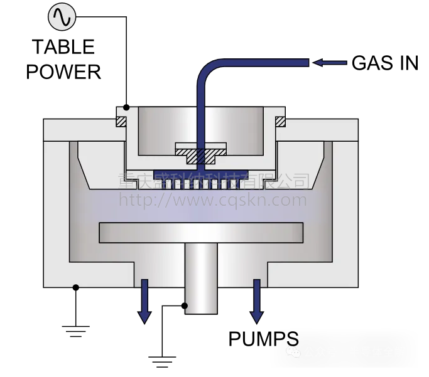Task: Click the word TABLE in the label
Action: coord(63,47)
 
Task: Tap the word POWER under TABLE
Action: coord(63,72)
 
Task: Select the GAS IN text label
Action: coord(384,63)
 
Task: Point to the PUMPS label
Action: coord(263,339)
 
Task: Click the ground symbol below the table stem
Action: coord(161,361)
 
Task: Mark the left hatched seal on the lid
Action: coord(121,120)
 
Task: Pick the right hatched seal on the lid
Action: coord(281,120)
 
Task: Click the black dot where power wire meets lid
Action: coord(127,106)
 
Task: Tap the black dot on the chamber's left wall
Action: coord(76,288)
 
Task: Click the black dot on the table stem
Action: coord(185,306)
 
